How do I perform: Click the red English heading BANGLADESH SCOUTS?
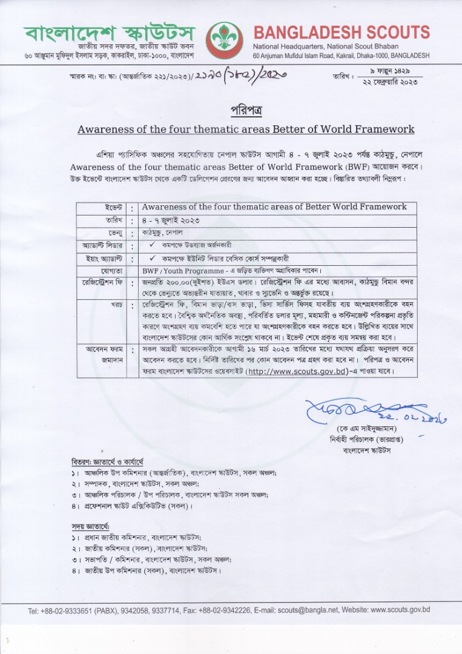click(342, 32)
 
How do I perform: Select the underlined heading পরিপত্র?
click(246, 111)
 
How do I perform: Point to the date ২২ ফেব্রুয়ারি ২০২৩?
click(390, 82)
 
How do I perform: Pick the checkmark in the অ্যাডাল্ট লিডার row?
click(153, 245)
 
